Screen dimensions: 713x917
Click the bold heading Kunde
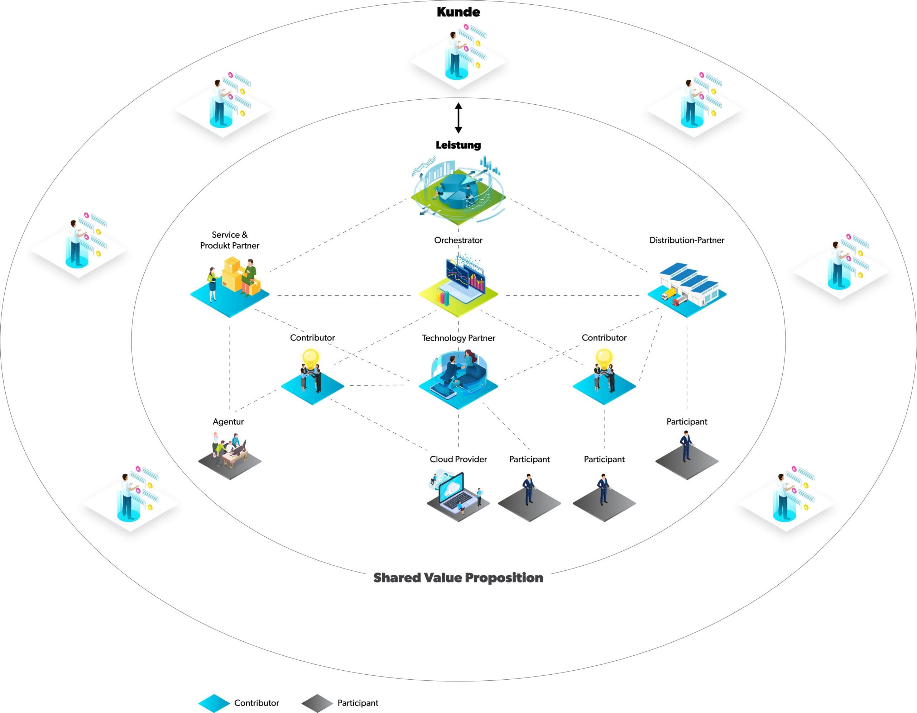(x=458, y=12)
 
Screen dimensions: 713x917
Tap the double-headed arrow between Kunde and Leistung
(x=458, y=118)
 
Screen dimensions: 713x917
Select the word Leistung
(x=458, y=145)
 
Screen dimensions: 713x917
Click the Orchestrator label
(x=458, y=240)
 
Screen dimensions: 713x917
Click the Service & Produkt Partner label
(x=230, y=240)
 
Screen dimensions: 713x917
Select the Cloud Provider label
(x=458, y=459)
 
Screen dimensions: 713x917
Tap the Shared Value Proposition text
(x=458, y=578)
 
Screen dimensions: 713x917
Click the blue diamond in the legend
(x=214, y=703)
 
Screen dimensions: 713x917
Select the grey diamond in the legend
(x=317, y=703)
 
